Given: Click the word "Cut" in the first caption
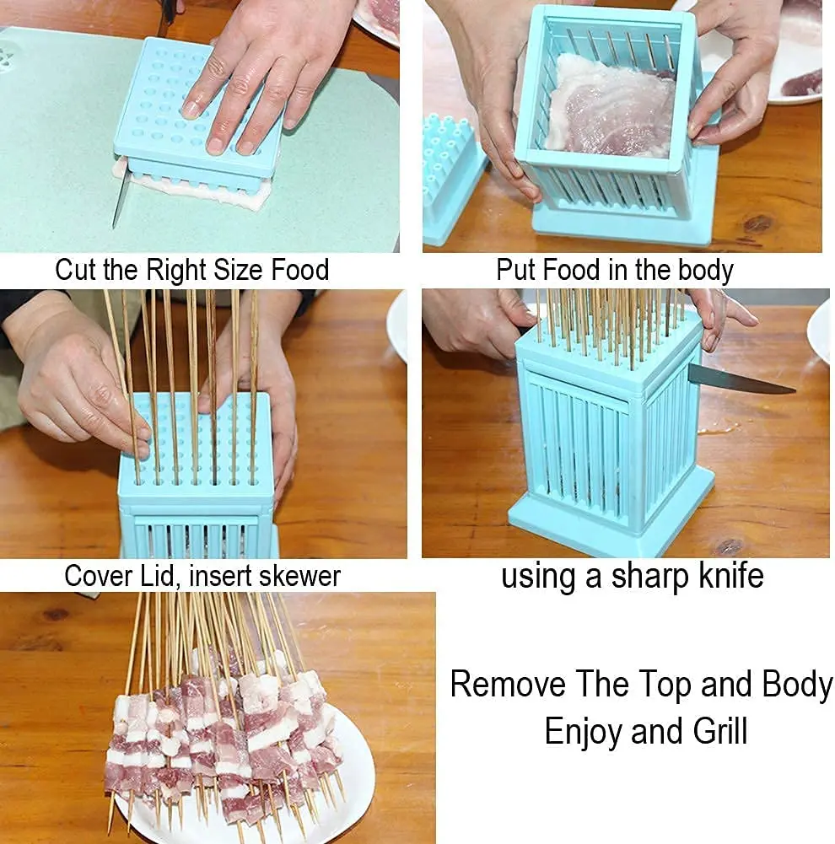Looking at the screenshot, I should [x=76, y=271].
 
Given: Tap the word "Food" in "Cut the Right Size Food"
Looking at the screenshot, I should [x=299, y=271].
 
